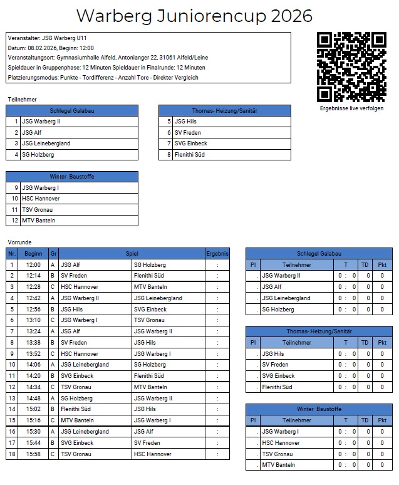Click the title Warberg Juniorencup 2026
coord(194,16)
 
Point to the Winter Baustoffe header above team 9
coord(72,177)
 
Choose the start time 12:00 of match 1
coord(33,265)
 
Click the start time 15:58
coord(33,454)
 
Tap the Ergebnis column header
coord(217,254)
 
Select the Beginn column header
coord(33,254)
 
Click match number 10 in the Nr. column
coord(11,365)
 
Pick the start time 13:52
coord(33,354)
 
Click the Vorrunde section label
coord(19,242)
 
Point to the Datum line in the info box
coord(51,48)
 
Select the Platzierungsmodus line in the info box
coord(103,78)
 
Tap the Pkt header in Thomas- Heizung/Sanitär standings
coord(382,343)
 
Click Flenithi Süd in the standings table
coord(277,387)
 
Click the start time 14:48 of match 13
coord(33,398)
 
